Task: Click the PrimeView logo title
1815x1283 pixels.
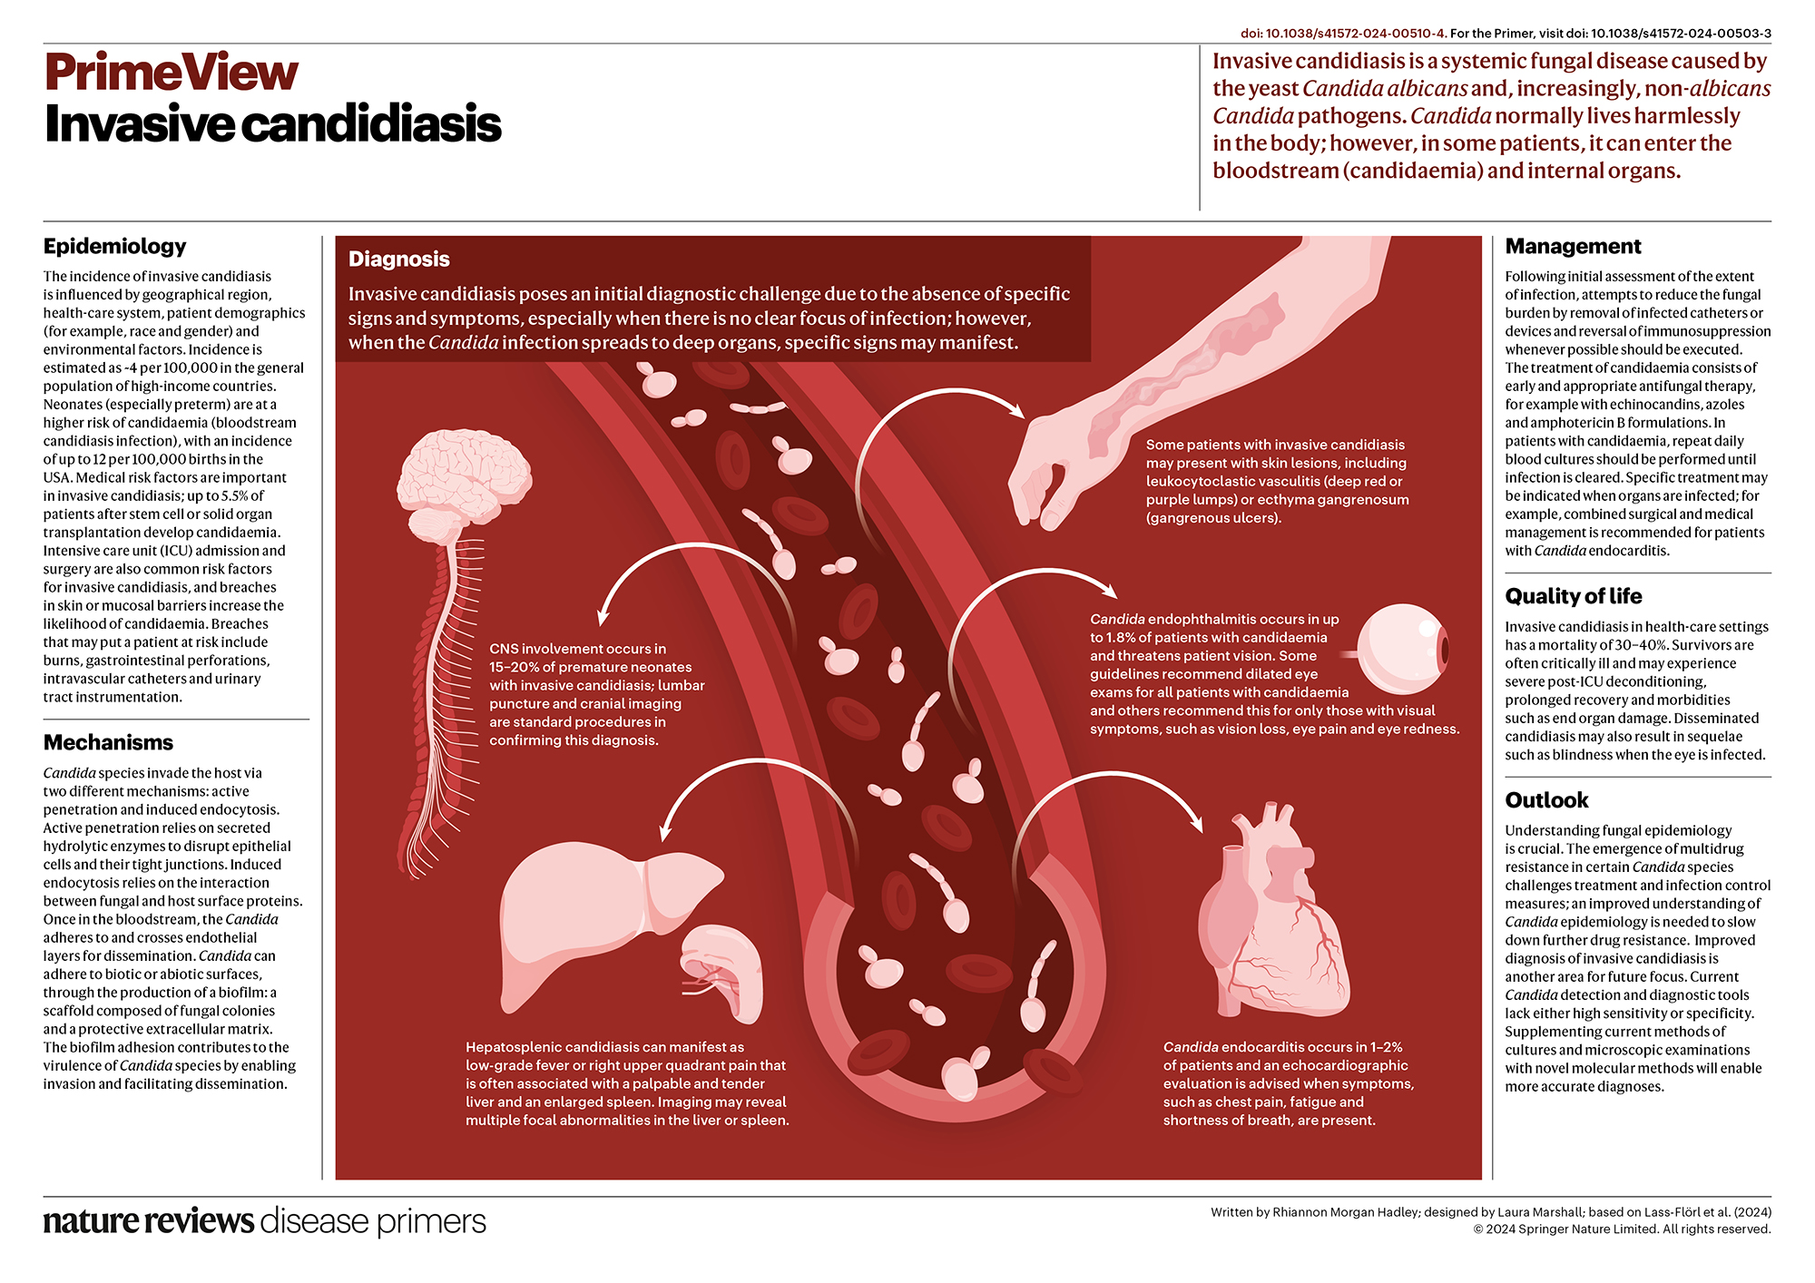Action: pyautogui.click(x=171, y=73)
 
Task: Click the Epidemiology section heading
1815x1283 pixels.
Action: pyautogui.click(x=114, y=246)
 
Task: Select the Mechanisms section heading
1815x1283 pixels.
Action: pyautogui.click(x=108, y=742)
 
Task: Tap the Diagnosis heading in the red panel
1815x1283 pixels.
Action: pyautogui.click(x=399, y=260)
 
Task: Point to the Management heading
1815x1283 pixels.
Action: pyautogui.click(x=1573, y=246)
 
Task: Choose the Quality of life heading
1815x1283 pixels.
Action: pyautogui.click(x=1573, y=596)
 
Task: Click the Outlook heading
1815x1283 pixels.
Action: pyautogui.click(x=1546, y=800)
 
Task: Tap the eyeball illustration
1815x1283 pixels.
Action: pyautogui.click(x=1402, y=648)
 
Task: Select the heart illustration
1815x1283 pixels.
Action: pyautogui.click(x=1270, y=916)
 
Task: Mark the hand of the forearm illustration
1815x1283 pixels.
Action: pyautogui.click(x=1053, y=476)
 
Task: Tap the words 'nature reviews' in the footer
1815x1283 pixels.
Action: pyautogui.click(x=148, y=1221)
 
